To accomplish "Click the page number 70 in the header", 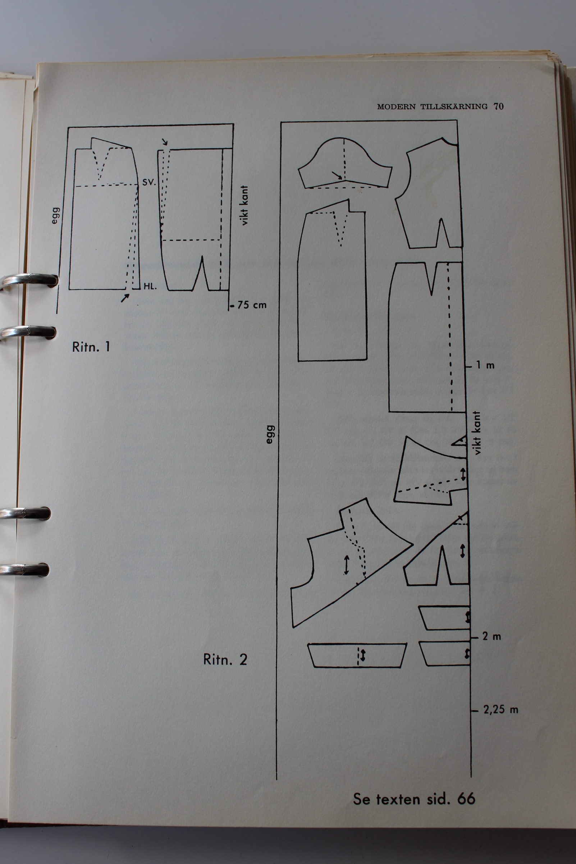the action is [498, 106].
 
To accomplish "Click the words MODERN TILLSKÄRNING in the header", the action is [433, 106].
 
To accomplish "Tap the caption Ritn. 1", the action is [91, 347].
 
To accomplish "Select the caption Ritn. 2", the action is [225, 659].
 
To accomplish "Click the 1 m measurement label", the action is [486, 365].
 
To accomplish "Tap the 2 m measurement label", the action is [492, 636].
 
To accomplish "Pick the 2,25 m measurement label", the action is [501, 709].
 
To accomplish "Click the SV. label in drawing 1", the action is [149, 182].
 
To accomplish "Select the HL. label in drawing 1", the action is [150, 286].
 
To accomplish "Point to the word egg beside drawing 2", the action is [270, 434].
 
